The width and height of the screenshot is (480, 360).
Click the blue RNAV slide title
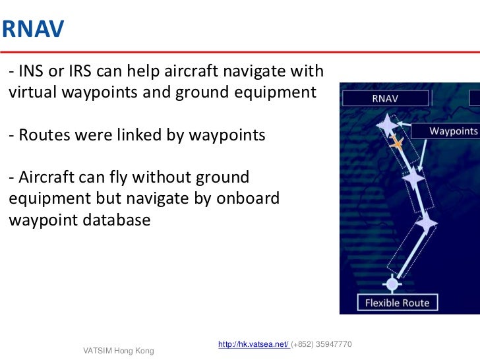coord(32,30)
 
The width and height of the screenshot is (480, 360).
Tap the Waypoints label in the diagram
coord(453,131)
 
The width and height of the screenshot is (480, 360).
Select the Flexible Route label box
coord(397,303)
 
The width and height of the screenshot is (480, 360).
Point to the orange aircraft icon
coord(397,142)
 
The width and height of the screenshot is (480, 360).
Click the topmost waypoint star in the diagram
coord(386,123)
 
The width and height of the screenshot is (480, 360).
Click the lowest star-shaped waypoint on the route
coord(425,224)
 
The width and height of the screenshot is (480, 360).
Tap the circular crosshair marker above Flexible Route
coord(392,284)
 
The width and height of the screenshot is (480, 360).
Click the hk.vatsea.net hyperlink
coord(253,344)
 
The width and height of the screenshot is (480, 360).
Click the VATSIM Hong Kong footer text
coord(119,351)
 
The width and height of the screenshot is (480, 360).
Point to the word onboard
coord(248,198)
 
